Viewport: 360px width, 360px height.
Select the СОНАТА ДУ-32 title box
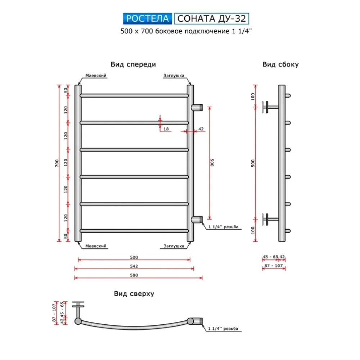[x=212, y=18]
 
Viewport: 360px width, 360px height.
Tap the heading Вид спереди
[x=133, y=65]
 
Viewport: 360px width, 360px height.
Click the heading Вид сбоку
[x=280, y=65]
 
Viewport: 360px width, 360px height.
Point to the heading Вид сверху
[x=134, y=294]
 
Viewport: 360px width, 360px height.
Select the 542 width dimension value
[x=134, y=266]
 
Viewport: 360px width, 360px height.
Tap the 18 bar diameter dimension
[x=166, y=129]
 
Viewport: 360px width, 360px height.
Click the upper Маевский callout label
[x=96, y=76]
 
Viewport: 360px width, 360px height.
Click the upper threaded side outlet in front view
[x=197, y=107]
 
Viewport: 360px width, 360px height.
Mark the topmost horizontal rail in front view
[x=134, y=96]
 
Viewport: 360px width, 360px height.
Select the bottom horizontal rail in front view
[x=134, y=231]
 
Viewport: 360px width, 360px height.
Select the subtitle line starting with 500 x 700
[x=186, y=31]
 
